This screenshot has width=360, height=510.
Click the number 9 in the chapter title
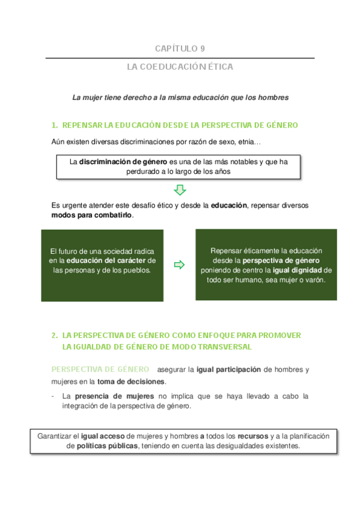[203, 49]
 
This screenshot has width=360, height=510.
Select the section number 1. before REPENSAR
[55, 125]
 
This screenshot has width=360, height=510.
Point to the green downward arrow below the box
[180, 190]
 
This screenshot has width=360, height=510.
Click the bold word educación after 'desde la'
[228, 205]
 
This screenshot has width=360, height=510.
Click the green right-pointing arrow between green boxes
[178, 265]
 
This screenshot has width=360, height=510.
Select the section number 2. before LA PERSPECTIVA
[55, 335]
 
